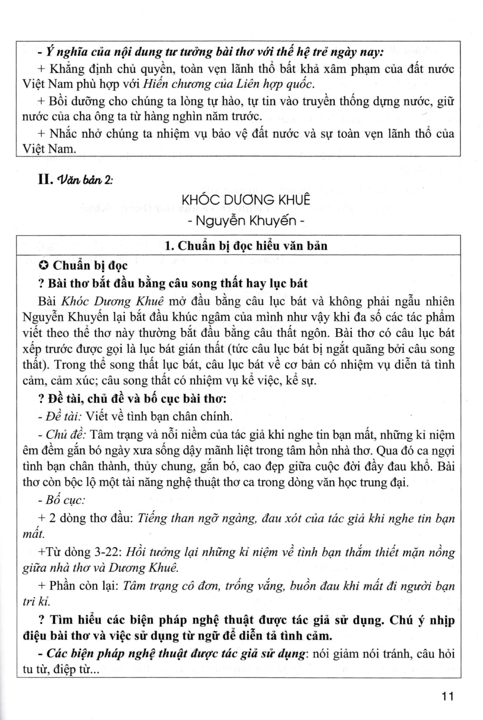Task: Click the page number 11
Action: click(x=447, y=696)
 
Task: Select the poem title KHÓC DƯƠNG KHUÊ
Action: click(x=246, y=199)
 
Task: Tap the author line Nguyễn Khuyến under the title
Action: click(x=246, y=220)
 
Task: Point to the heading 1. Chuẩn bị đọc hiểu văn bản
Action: click(x=246, y=246)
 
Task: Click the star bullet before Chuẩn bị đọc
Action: click(x=43, y=265)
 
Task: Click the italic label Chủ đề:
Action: click(x=64, y=435)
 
